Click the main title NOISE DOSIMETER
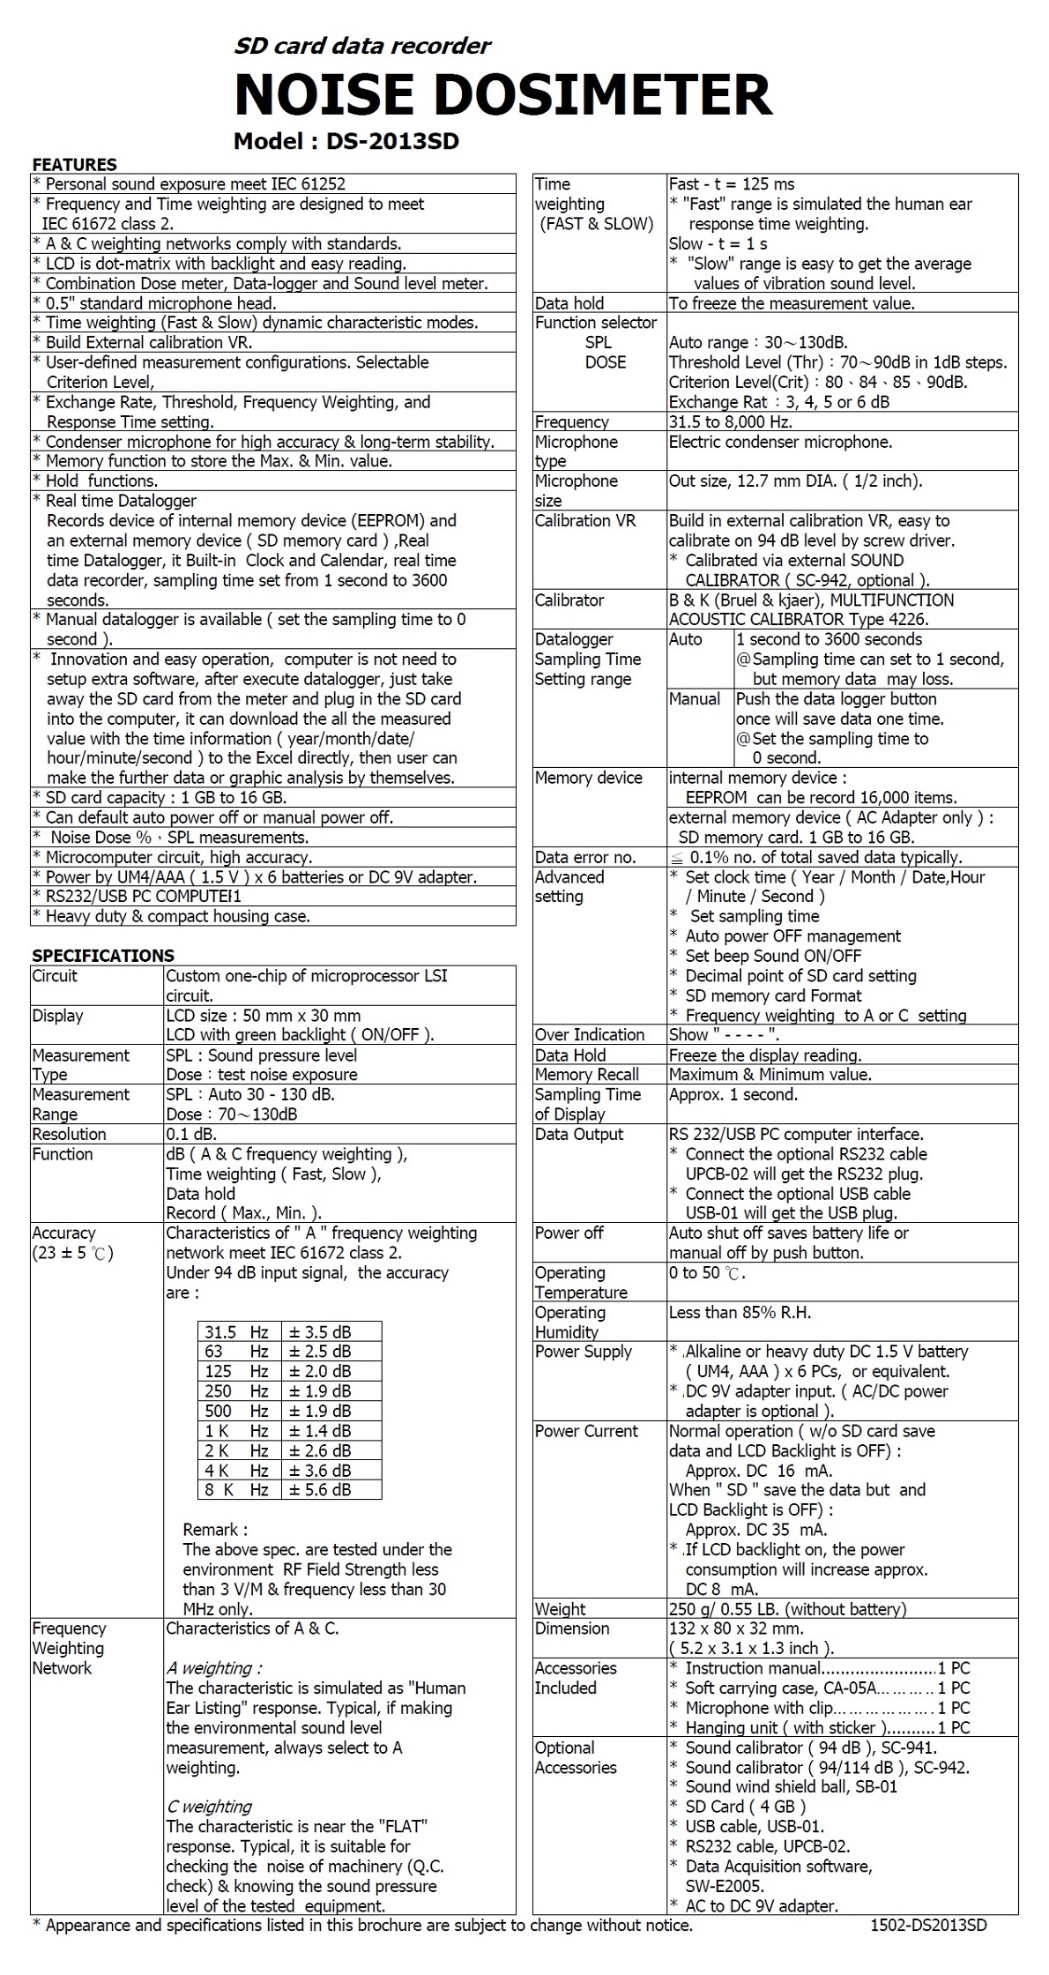[503, 95]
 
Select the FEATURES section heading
[74, 165]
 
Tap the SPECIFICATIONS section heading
[103, 956]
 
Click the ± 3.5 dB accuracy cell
[320, 1332]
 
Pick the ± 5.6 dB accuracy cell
[320, 1490]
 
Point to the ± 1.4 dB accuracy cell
[320, 1431]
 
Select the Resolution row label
[69, 1135]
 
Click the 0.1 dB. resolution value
[191, 1135]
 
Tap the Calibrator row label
[569, 600]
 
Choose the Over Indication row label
[589, 1035]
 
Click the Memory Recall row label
[586, 1075]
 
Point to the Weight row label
[560, 1609]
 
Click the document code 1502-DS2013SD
[928, 1926]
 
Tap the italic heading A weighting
[214, 1668]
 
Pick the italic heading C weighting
[209, 1807]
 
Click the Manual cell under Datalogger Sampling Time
[695, 699]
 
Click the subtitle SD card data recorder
[362, 46]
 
